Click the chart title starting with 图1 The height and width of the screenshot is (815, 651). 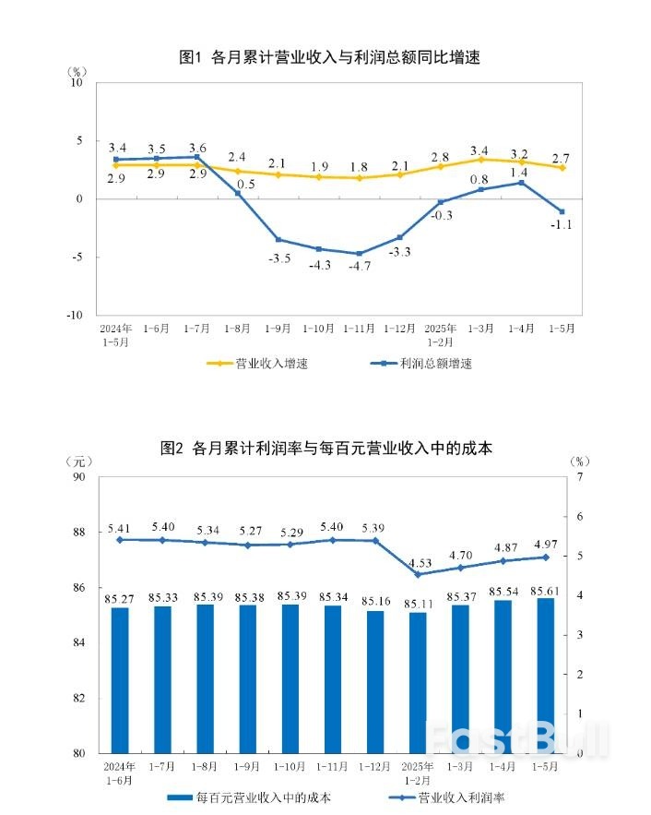click(329, 57)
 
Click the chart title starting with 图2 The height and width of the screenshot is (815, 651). click(326, 449)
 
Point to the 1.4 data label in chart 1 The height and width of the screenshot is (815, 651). click(518, 173)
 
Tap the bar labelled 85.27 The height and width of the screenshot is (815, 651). click(120, 678)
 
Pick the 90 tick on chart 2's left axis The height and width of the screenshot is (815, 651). click(78, 477)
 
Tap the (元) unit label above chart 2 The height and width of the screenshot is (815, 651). click(79, 461)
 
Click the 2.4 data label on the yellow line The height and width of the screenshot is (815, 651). click(237, 157)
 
